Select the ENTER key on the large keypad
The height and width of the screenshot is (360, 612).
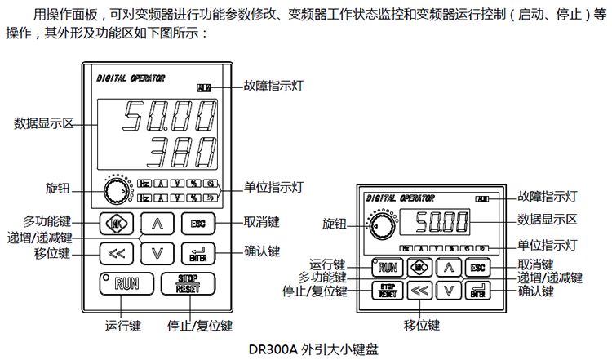point(198,254)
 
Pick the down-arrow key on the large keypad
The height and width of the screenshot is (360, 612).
point(157,254)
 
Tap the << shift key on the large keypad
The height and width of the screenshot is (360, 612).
point(116,254)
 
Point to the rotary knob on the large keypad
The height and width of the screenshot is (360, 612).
point(115,192)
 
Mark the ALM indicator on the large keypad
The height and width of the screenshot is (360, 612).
point(203,87)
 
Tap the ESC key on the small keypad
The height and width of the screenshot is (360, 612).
point(477,267)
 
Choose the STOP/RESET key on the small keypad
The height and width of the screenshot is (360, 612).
point(387,289)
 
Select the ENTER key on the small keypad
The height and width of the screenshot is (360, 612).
point(477,289)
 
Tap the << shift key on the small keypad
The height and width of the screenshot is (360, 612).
point(418,289)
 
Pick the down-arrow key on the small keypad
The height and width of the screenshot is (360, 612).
point(447,289)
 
